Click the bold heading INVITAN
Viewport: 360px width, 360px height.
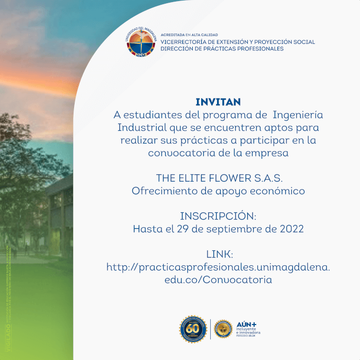[x=218, y=102]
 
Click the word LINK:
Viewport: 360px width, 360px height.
[x=218, y=254]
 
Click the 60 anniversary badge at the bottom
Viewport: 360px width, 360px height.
[x=192, y=329]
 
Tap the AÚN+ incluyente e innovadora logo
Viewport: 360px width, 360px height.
[x=248, y=329]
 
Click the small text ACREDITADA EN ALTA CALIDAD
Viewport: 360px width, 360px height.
[x=189, y=35]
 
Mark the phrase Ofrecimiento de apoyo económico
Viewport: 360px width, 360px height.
[x=218, y=191]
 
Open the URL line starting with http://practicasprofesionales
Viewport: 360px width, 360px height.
[x=218, y=267]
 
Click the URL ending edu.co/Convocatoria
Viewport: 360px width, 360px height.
[x=218, y=280]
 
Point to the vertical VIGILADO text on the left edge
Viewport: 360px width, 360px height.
[x=7, y=339]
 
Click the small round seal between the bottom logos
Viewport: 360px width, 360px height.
[x=223, y=329]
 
